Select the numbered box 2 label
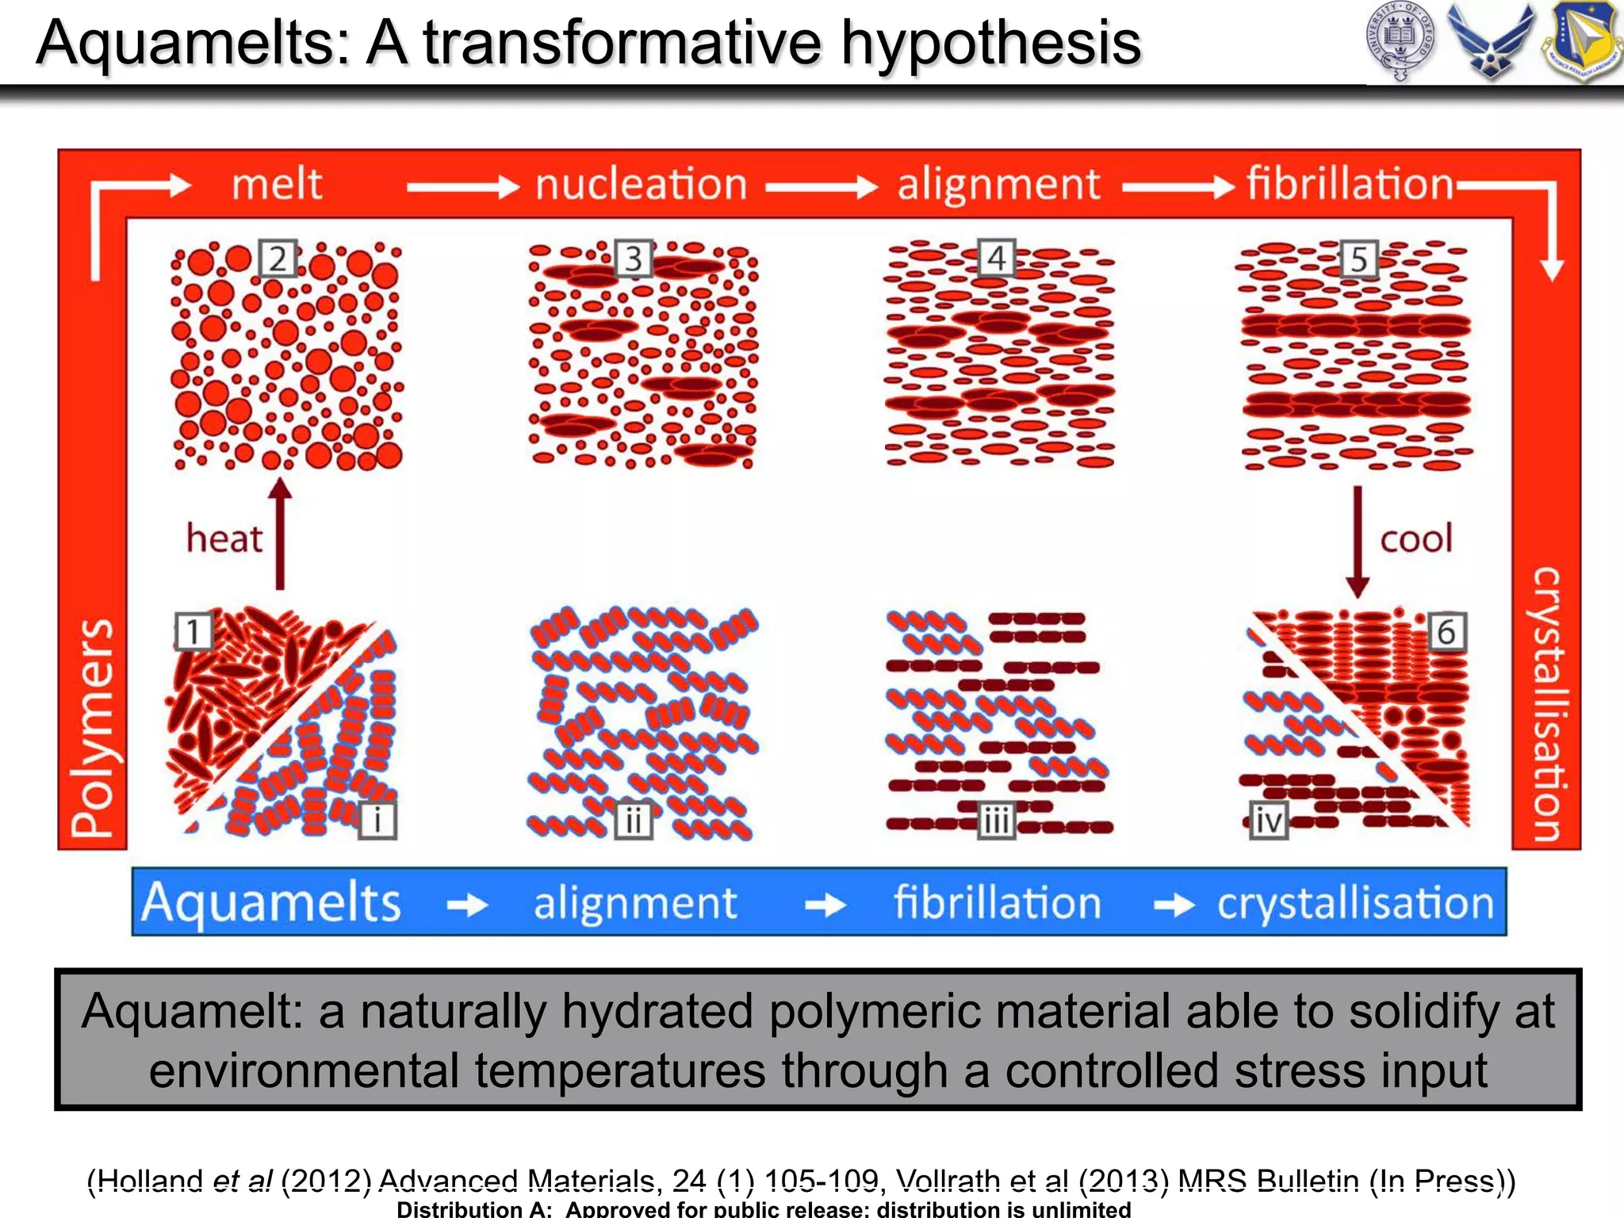[278, 259]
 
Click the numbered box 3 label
[634, 259]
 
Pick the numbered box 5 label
[1359, 259]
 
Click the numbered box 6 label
[1446, 632]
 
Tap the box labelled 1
[193, 631]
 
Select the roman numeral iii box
[996, 821]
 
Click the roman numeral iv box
[1268, 821]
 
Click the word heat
[224, 539]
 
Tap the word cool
[1416, 539]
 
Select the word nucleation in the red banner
[641, 185]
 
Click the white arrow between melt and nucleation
[462, 187]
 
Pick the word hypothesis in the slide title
[990, 43]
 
